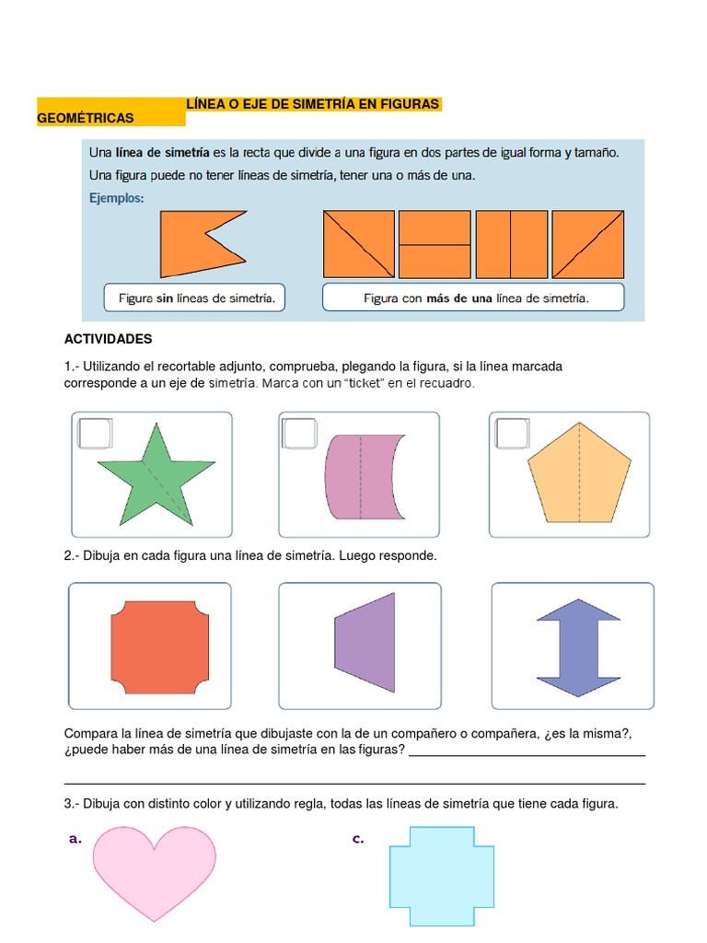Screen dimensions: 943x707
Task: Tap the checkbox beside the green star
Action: tap(95, 433)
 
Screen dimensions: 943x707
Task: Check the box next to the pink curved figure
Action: tap(301, 433)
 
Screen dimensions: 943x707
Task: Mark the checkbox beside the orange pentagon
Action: tap(512, 433)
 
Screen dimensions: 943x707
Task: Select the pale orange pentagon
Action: tap(579, 475)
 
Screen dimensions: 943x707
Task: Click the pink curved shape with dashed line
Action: tap(360, 478)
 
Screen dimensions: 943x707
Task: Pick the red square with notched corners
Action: tap(154, 646)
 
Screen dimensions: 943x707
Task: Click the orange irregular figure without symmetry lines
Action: tap(198, 243)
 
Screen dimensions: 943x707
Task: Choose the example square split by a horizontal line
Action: tap(435, 244)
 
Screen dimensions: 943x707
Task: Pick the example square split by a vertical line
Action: tap(512, 244)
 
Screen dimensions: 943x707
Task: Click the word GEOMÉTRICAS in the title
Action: tap(85, 118)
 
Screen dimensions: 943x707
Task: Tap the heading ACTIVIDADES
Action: tap(108, 340)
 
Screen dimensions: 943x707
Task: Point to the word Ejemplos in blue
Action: tap(116, 197)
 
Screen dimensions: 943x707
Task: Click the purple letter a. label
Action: tap(75, 839)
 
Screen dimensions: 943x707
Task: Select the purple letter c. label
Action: tap(358, 839)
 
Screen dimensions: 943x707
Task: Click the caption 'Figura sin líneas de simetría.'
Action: tap(197, 298)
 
